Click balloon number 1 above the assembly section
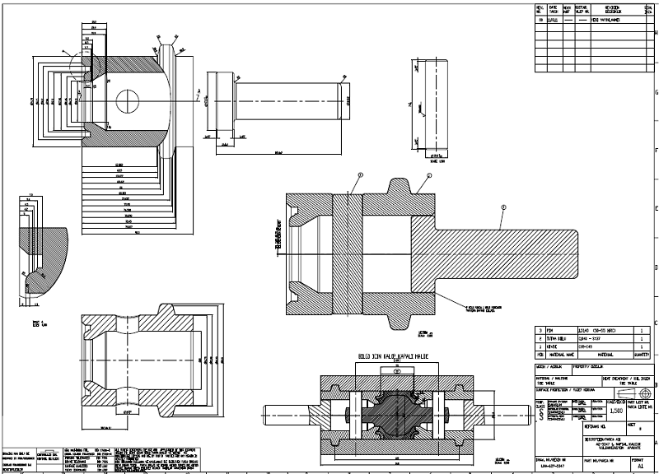360,175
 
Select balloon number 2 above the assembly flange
429,176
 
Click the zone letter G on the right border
656,91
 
